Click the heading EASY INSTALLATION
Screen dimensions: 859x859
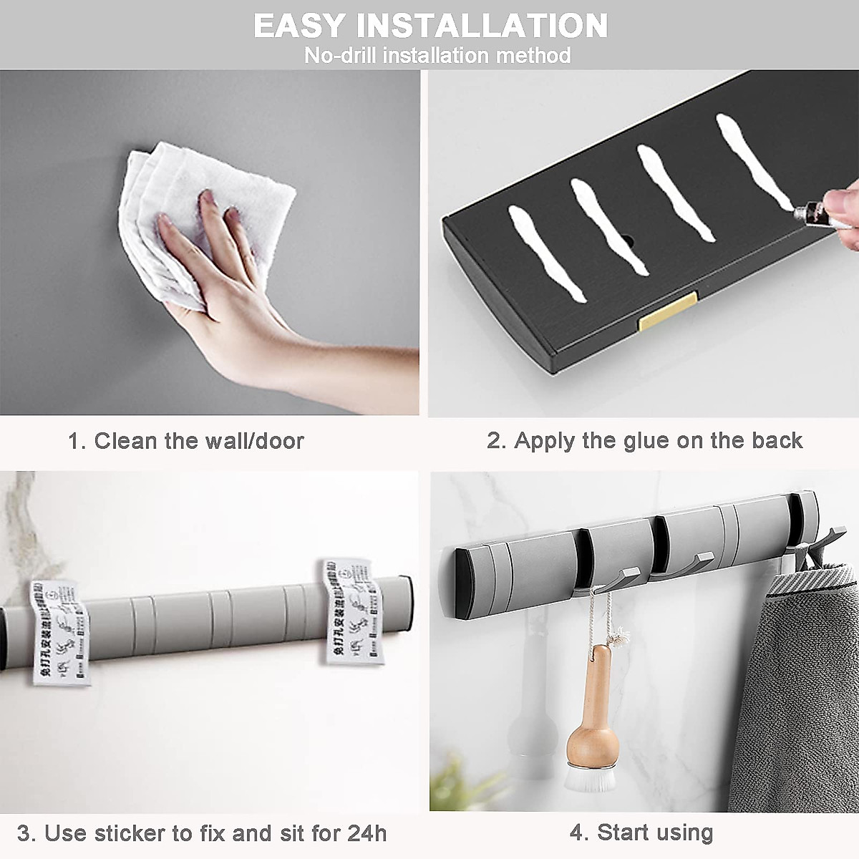pos(430,26)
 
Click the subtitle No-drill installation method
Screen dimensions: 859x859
pos(437,55)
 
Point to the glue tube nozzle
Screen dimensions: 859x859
pos(799,209)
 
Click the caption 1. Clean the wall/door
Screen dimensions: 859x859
pos(186,440)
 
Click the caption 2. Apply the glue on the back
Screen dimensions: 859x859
pos(644,440)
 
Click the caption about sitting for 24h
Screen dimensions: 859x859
pos(202,834)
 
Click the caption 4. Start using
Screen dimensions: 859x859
pos(641,833)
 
